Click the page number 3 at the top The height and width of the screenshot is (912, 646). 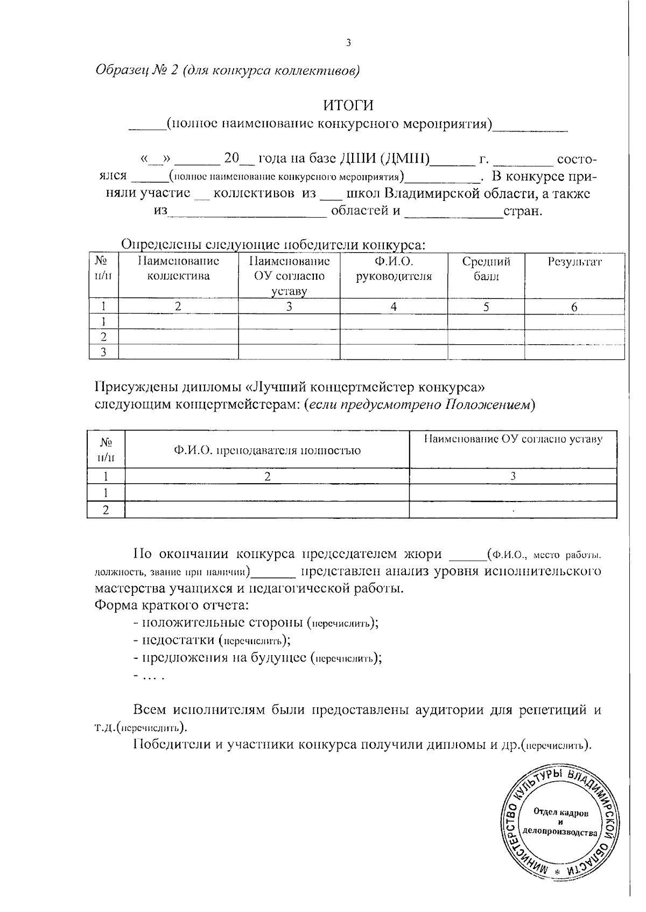pos(348,44)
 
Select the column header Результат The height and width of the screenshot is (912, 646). pos(574,262)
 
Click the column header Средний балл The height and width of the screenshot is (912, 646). pos(486,269)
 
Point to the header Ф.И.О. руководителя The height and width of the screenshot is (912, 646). pos(394,269)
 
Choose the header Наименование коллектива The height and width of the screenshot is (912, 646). pos(178,269)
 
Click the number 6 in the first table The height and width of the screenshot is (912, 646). pos(574,307)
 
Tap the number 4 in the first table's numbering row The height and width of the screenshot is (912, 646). pos(394,307)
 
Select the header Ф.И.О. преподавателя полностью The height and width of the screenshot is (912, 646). pos(266,451)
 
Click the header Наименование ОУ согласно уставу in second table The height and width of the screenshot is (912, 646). pos(513,440)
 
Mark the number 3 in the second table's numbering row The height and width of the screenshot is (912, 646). pos(513,476)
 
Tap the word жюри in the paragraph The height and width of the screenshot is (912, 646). pos(422,554)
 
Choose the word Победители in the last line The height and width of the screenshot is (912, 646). pos(172,745)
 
